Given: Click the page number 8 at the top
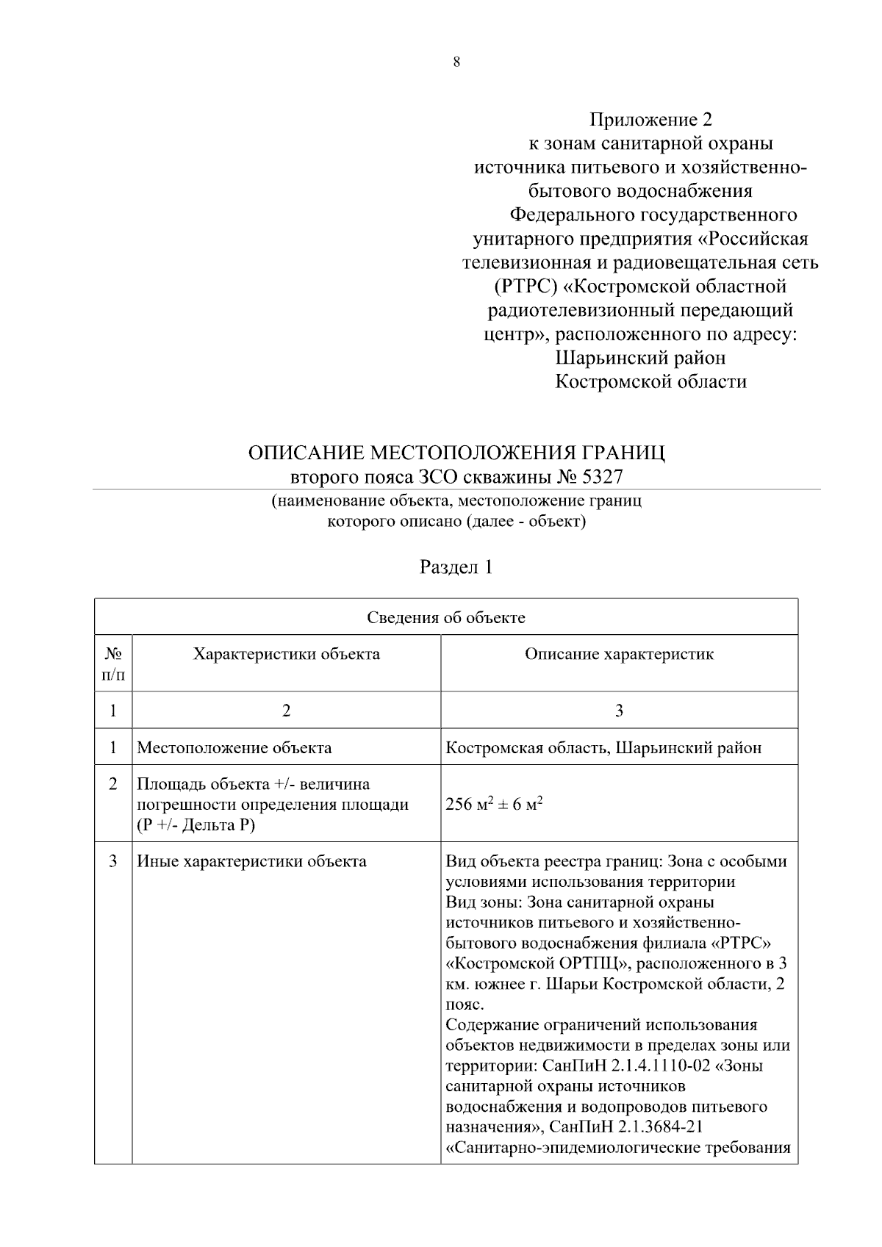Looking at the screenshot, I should (456, 62).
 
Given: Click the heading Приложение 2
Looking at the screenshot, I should (651, 119).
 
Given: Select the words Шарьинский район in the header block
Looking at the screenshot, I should (640, 358).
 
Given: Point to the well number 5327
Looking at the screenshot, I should (602, 477).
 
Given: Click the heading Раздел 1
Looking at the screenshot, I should (456, 567).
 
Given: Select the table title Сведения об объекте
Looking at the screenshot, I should (446, 617).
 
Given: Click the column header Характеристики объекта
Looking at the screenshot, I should (286, 654).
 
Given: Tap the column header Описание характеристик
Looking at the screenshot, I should (619, 654).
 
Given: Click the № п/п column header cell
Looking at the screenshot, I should (113, 664).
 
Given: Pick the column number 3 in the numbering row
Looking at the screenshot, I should (619, 711).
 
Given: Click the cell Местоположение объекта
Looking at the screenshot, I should (234, 748).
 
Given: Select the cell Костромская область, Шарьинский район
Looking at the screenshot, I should (603, 748).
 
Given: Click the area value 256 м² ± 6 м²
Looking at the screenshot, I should (494, 804).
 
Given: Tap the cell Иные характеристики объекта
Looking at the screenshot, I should (251, 861).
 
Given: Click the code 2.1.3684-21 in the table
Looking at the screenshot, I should (656, 1126).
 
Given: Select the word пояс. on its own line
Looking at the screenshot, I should (465, 1005).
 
